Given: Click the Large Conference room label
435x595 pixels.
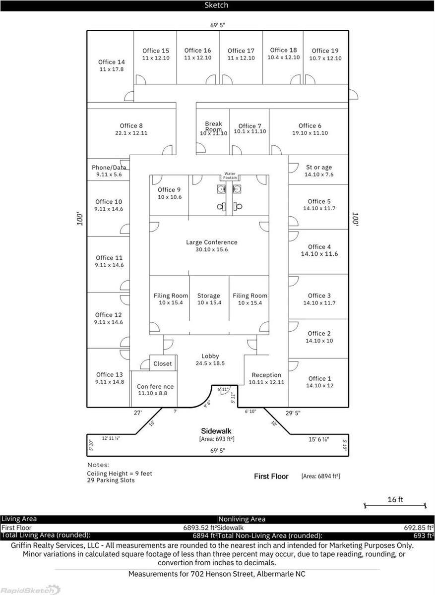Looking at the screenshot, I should tap(211, 242).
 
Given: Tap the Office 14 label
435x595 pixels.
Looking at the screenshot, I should tap(111, 62).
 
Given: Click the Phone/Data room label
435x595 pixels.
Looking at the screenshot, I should tap(109, 168).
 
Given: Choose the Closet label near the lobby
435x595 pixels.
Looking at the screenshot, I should tap(163, 363).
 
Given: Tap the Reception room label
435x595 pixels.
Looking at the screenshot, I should tap(266, 375).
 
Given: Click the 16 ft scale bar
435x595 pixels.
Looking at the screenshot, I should tap(395, 505).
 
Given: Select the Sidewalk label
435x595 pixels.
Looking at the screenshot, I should tap(216, 431).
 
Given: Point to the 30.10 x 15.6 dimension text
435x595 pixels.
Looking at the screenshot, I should tap(211, 250).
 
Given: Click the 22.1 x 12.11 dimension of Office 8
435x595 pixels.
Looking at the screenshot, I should tap(131, 133).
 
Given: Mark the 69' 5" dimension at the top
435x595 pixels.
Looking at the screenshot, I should tap(218, 25).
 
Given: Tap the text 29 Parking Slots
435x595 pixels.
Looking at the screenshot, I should tap(111, 480).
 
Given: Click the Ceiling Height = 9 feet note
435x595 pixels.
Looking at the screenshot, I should tap(120, 474).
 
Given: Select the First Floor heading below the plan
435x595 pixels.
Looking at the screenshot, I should tap(271, 476).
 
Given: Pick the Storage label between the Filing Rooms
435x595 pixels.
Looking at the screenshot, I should tap(208, 296).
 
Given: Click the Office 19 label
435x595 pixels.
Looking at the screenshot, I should tap(325, 51).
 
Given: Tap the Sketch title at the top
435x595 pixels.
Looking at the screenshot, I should tap(217, 5).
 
